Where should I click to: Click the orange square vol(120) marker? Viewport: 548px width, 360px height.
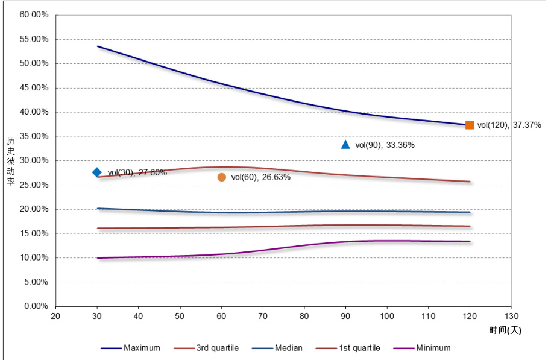click(x=470, y=125)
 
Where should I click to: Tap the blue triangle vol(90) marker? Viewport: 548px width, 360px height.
click(x=345, y=144)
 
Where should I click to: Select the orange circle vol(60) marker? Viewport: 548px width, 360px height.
click(x=221, y=177)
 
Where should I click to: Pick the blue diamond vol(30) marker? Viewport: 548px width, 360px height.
click(x=97, y=172)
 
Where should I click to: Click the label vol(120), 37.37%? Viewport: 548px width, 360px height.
click(x=509, y=125)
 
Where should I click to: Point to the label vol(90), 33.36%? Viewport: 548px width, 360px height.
click(x=385, y=145)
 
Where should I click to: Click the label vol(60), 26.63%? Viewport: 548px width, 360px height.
click(x=261, y=177)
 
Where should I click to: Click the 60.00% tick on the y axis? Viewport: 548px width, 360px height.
click(x=34, y=15)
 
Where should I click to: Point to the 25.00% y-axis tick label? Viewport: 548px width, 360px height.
click(x=34, y=185)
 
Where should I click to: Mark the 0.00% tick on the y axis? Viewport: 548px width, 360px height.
click(x=36, y=306)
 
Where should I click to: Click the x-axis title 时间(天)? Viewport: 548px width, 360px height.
click(x=505, y=330)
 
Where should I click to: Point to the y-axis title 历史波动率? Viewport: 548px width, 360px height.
click(x=11, y=161)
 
